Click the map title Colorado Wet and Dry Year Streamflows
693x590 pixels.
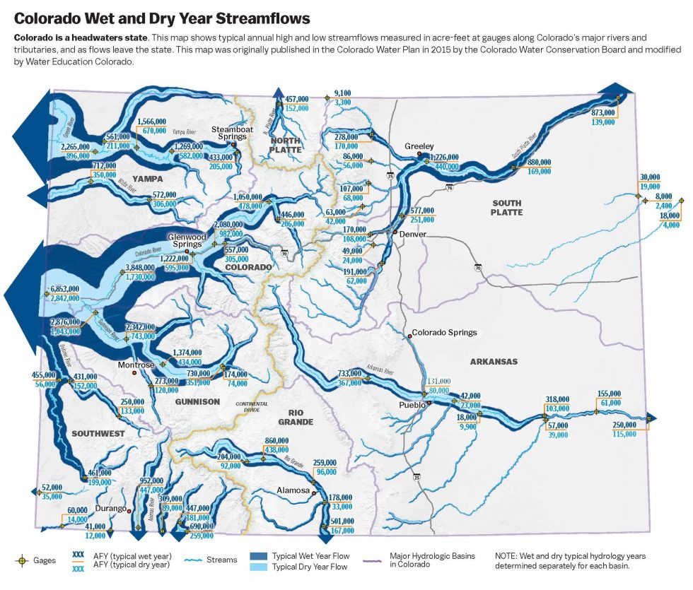point(162,15)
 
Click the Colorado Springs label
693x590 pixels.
point(444,332)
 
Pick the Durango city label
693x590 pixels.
point(110,509)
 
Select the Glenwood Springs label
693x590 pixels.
point(186,240)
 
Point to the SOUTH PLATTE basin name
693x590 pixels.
point(506,207)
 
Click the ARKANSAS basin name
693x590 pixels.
point(494,362)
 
